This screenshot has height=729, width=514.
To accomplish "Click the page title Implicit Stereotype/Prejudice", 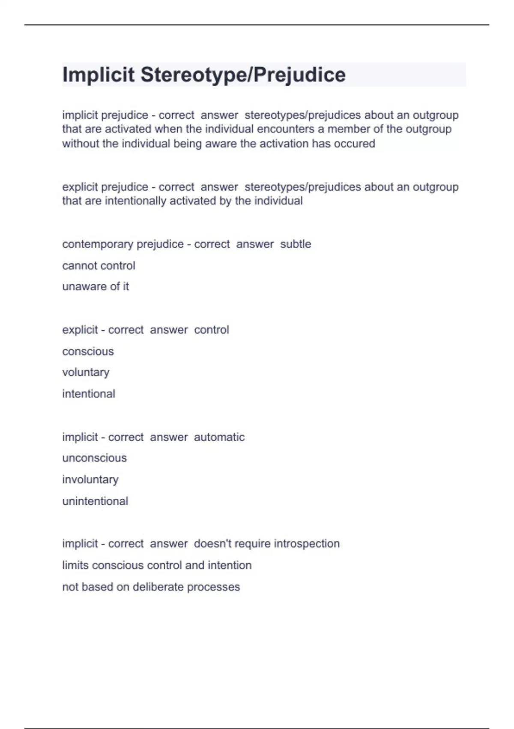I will click(204, 75).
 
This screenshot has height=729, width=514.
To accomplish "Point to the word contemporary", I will click(93, 244).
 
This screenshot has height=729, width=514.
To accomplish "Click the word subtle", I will click(296, 244).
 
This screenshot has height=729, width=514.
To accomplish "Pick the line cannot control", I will click(99, 266).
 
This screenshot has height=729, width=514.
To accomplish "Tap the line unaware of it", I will click(95, 286).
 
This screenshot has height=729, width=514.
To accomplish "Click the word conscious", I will click(88, 352).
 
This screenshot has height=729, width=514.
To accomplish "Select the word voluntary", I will click(86, 372).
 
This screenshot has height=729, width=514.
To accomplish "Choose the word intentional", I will click(89, 394).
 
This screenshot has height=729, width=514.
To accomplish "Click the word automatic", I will click(219, 437).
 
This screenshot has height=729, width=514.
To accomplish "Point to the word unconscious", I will click(94, 458).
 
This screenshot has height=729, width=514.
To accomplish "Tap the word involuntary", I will click(90, 479).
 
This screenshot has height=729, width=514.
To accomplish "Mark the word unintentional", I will click(95, 501).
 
